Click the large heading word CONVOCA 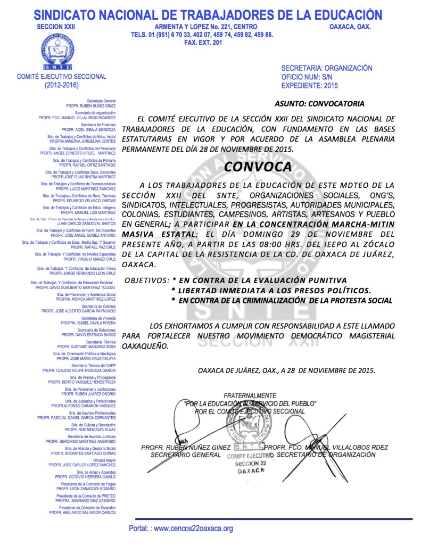click(258, 167)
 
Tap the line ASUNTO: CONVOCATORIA click(319, 103)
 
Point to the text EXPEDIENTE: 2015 click(309, 85)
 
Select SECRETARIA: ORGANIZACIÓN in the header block click(326, 68)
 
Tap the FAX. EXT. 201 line click(202, 43)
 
